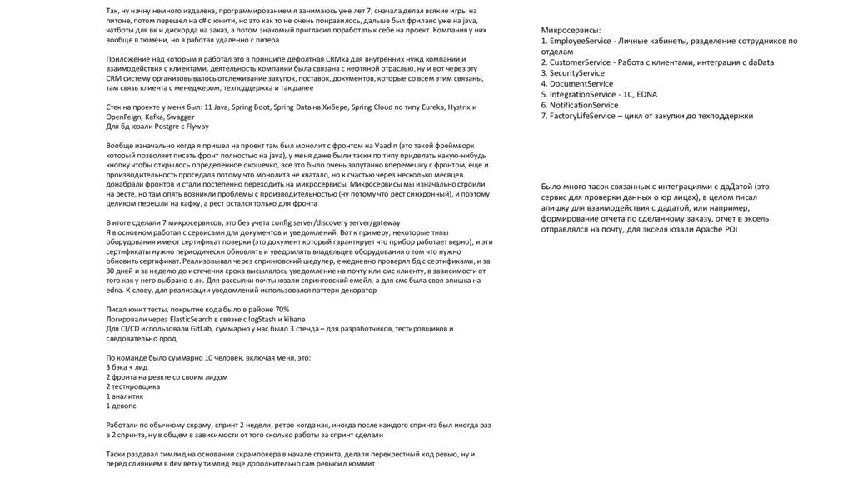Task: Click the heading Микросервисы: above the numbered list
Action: (571, 30)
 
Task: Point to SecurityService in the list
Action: (577, 73)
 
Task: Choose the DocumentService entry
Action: (581, 84)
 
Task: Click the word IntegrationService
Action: (582, 95)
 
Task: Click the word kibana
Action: (292, 319)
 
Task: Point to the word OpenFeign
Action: (125, 117)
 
